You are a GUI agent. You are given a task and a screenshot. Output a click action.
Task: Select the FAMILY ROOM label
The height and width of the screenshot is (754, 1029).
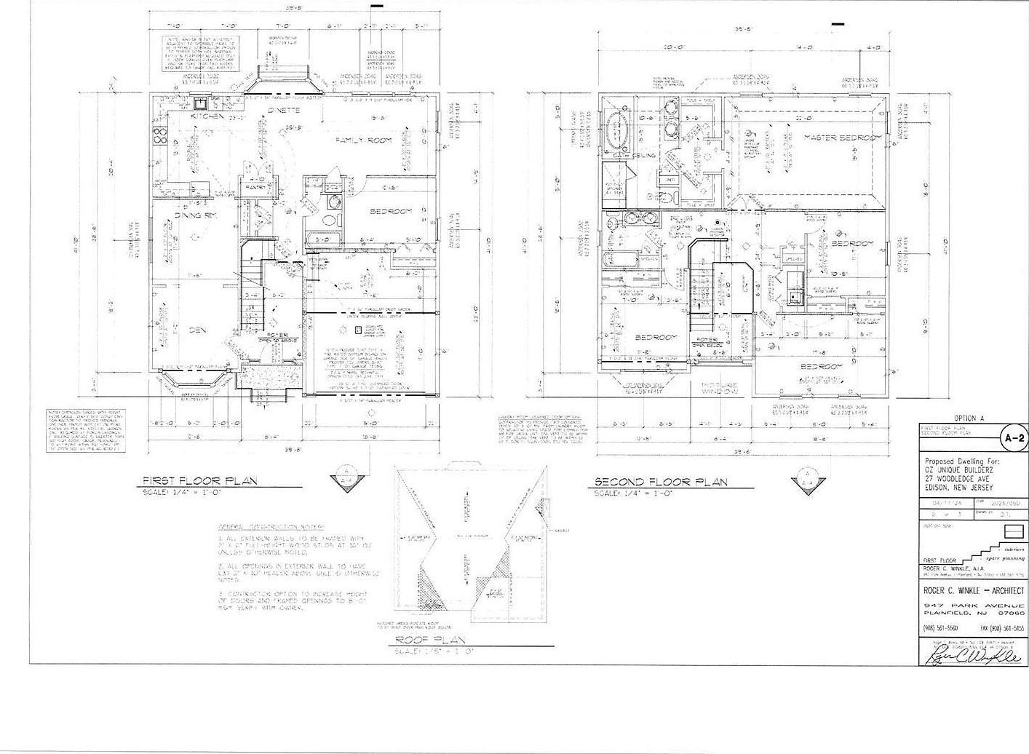(x=363, y=140)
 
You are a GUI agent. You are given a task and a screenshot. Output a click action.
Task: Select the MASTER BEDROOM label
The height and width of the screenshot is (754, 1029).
(x=843, y=138)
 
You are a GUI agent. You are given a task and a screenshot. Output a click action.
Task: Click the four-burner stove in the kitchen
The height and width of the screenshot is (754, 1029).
(x=159, y=135)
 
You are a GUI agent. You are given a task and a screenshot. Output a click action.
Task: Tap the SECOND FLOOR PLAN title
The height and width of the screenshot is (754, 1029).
(x=661, y=483)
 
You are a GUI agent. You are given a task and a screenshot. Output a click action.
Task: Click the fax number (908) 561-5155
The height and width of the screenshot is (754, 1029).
(x=1003, y=627)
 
